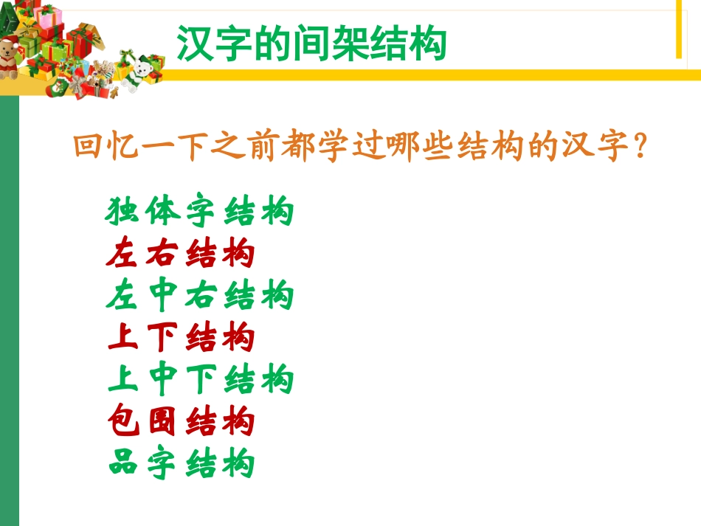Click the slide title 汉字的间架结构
click(311, 44)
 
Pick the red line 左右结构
click(180, 255)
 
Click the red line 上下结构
click(180, 339)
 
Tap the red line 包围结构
click(180, 423)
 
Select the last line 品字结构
click(180, 465)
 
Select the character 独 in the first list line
click(122, 212)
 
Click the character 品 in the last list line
click(122, 465)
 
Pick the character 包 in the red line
click(122, 423)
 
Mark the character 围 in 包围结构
click(161, 423)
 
